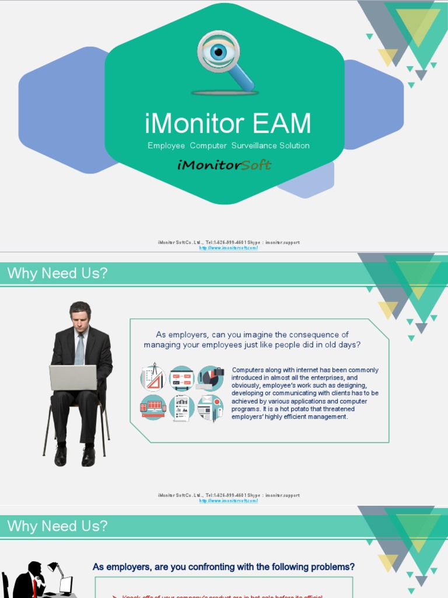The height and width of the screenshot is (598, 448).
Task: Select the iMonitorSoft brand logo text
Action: tap(224, 165)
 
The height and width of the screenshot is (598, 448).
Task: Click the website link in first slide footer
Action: tap(228, 248)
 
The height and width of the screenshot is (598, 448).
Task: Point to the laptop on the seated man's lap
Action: tap(73, 377)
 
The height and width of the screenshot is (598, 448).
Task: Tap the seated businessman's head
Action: tap(80, 316)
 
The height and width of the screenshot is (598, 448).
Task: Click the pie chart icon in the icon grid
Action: tap(210, 378)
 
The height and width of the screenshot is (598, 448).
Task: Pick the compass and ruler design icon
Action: tap(153, 378)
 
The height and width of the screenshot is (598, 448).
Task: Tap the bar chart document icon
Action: tap(182, 408)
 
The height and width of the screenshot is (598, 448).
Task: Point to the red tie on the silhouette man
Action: tap(34, 587)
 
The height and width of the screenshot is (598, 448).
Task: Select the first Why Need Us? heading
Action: tap(57, 274)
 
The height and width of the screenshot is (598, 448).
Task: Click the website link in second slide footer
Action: tap(228, 500)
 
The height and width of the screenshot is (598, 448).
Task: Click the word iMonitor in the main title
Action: tap(194, 124)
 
